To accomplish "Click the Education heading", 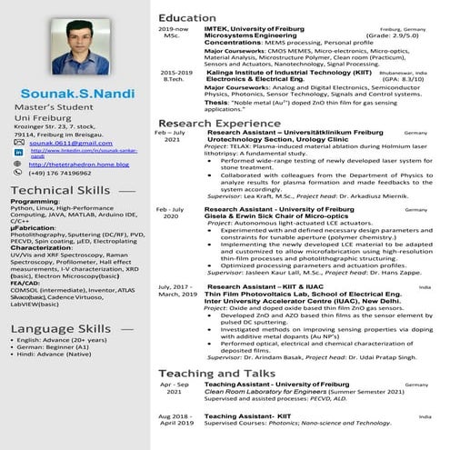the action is click(187, 18).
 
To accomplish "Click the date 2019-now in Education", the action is click(173, 30).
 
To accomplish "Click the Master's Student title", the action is click(47, 109).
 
